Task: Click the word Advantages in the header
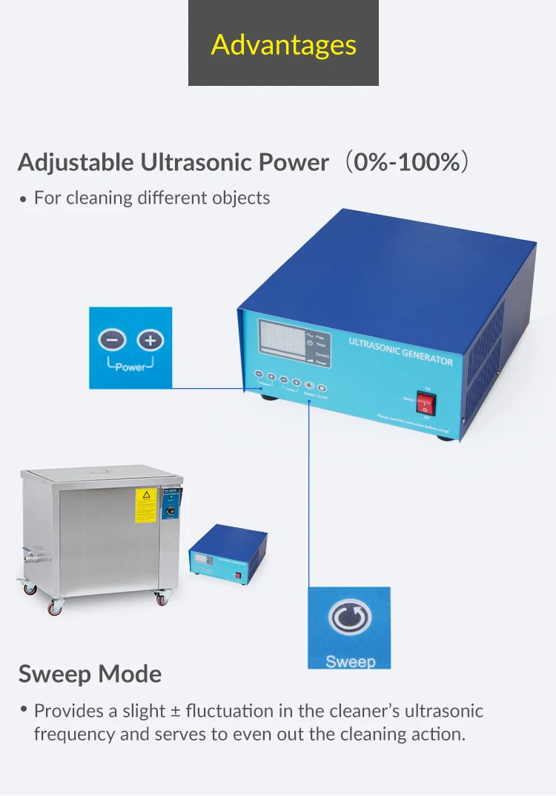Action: point(283,44)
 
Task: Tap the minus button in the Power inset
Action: point(112,341)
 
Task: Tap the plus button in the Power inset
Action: point(150,341)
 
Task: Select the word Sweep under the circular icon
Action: point(350,661)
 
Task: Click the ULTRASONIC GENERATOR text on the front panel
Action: point(400,350)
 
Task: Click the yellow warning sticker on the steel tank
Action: point(146,506)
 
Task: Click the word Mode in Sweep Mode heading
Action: point(130,675)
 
